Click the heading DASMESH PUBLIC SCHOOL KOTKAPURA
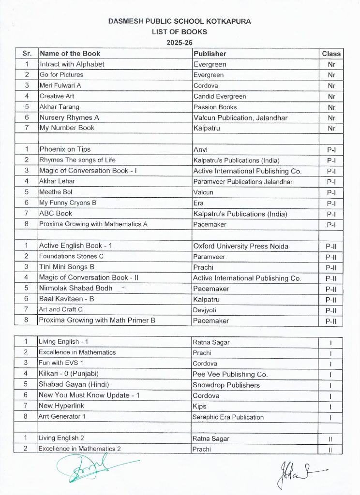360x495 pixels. [180, 22]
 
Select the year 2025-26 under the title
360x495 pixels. [180, 43]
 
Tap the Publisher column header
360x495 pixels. [210, 54]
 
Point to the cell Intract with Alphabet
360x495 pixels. [72, 64]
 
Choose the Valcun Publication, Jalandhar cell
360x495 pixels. [240, 117]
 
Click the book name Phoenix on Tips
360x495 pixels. [65, 149]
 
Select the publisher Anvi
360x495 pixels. [200, 149]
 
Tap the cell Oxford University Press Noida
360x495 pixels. [240, 246]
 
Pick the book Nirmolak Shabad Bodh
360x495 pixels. [75, 288]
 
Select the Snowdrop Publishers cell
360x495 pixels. [226, 385]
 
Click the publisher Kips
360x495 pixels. [199, 407]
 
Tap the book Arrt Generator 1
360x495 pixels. [62, 417]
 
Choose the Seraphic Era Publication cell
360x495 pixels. [228, 417]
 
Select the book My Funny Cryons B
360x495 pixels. [68, 203]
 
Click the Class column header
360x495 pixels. [331, 54]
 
